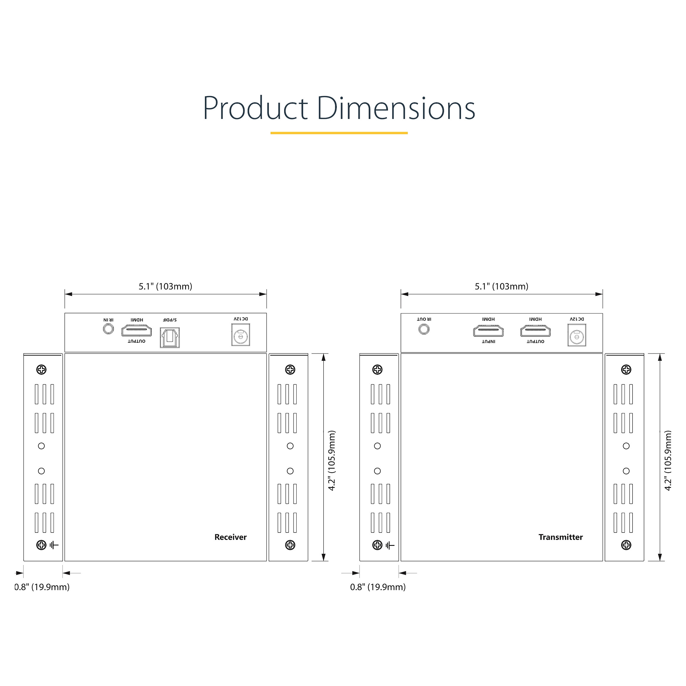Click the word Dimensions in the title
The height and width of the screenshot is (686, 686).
pos(396,108)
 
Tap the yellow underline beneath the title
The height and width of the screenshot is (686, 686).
pos(339,133)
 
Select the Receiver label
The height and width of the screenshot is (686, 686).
pos(230,537)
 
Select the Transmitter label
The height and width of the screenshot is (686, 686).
pos(561,537)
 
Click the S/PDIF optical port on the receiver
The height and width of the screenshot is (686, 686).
pos(170,337)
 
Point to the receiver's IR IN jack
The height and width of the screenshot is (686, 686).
pos(108,329)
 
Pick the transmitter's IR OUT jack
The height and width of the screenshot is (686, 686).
pos(424,329)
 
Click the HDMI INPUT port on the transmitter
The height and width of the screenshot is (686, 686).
pos(488,331)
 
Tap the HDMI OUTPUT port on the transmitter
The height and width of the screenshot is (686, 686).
pos(535,331)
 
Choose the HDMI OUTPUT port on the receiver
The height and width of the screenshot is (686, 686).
pos(136,331)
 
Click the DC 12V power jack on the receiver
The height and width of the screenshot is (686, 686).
pos(241,334)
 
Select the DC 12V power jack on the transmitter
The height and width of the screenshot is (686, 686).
pos(577,335)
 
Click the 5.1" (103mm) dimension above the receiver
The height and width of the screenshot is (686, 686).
pos(166,286)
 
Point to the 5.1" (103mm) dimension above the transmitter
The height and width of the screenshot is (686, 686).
pos(502,286)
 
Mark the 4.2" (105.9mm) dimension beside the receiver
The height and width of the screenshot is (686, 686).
pos(332,460)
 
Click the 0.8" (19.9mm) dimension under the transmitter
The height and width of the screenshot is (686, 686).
pos(378,587)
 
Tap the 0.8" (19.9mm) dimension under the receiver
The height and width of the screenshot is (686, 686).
pos(42,587)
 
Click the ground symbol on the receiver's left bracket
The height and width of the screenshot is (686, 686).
pos(54,545)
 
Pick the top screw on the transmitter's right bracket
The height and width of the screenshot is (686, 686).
pos(626,370)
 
